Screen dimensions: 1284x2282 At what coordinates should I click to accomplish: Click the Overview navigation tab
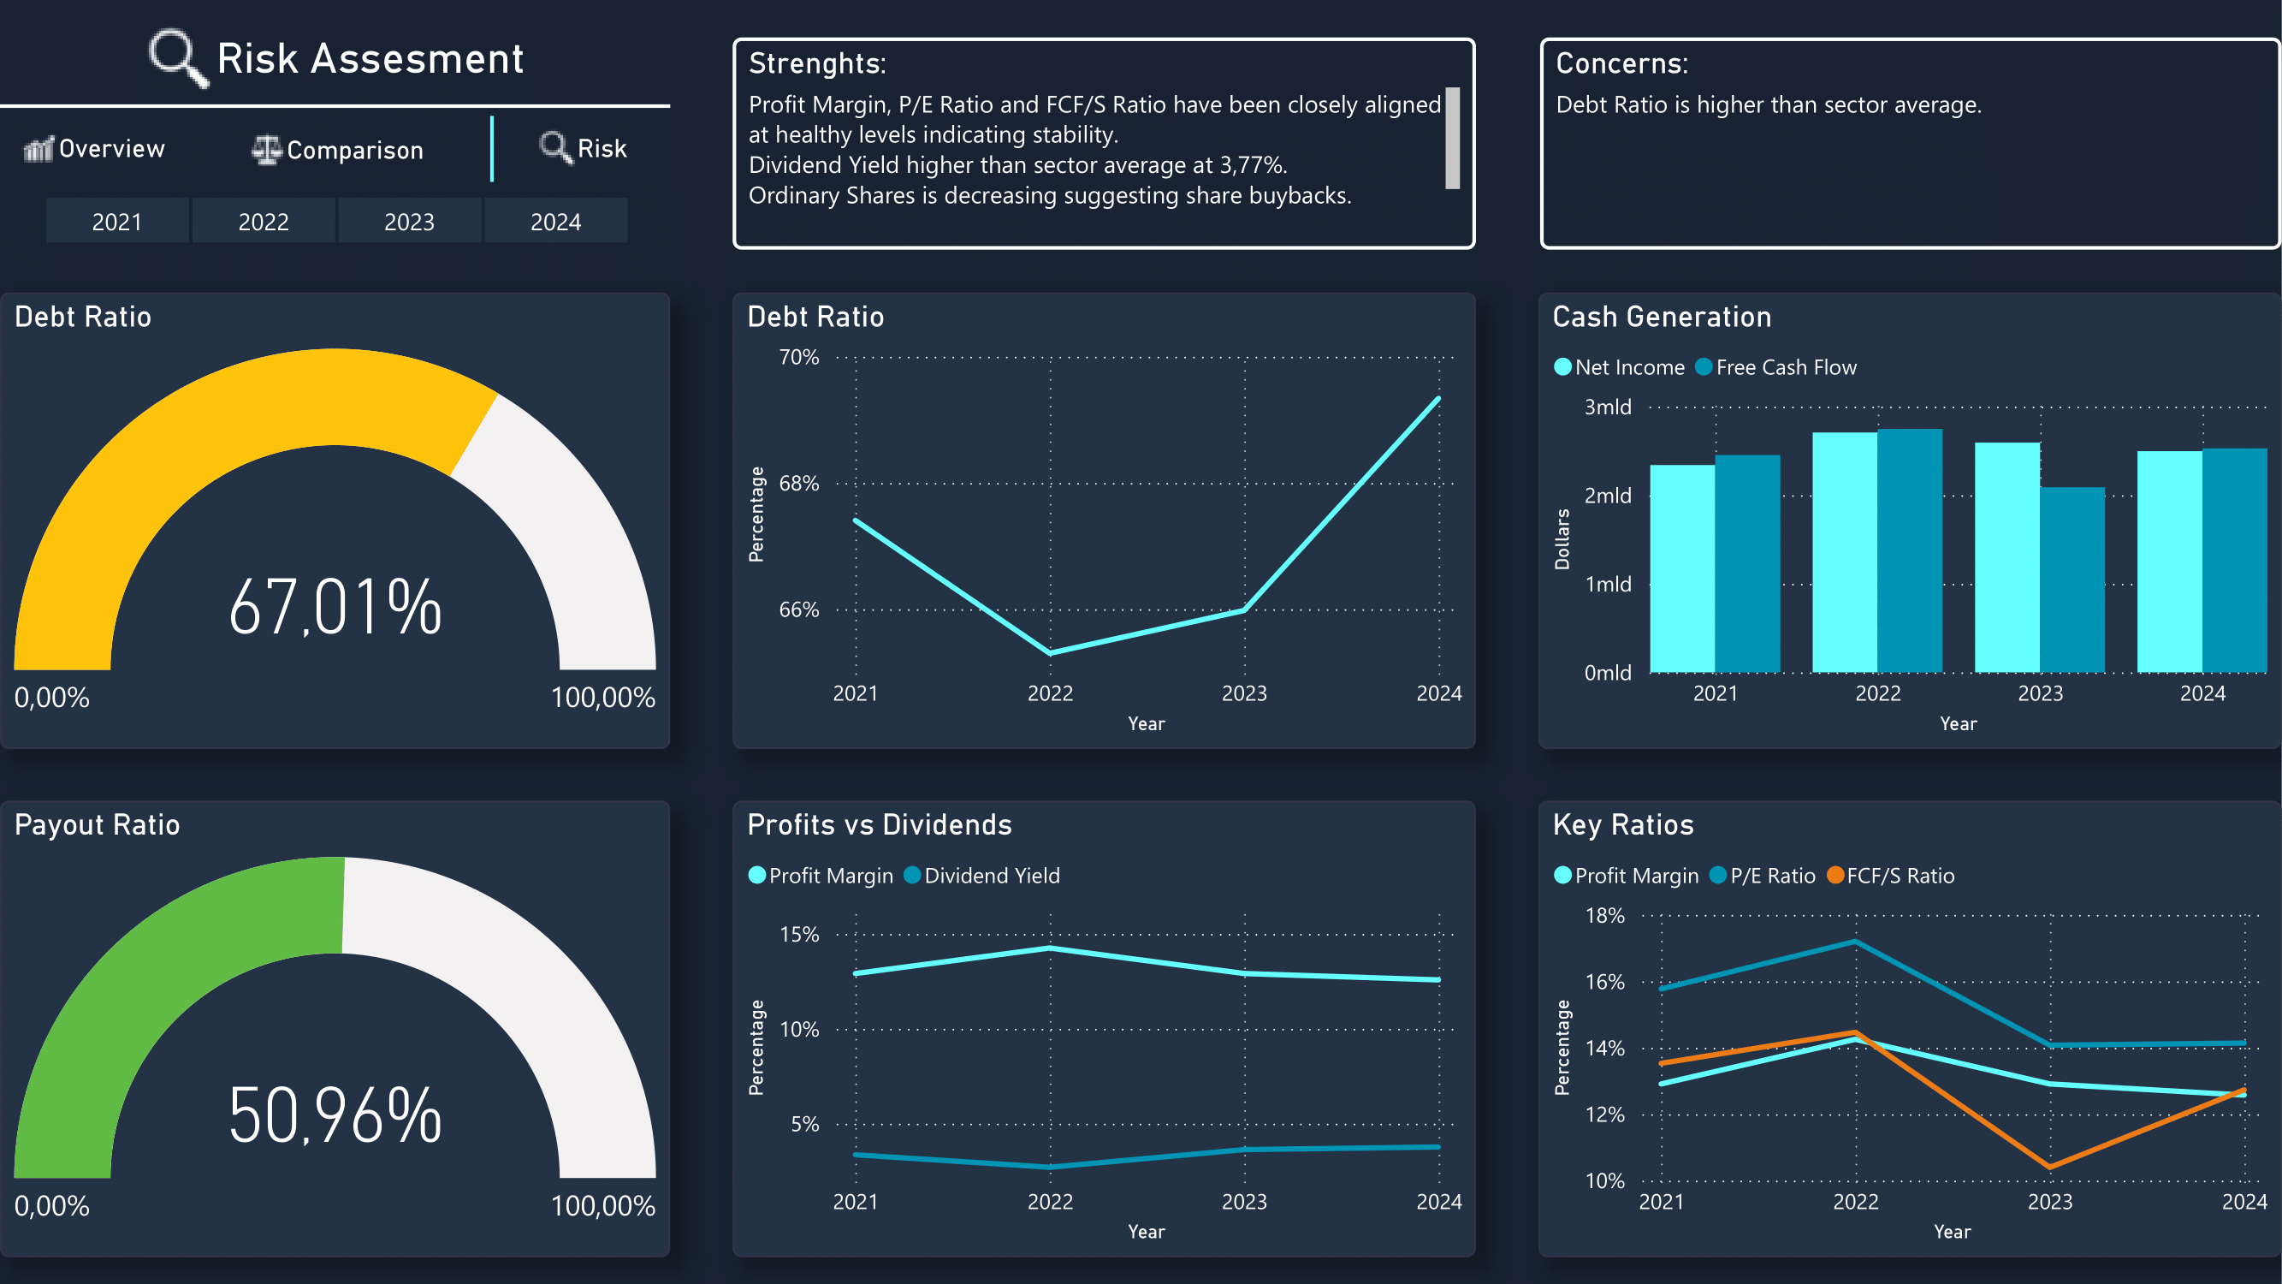click(x=95, y=149)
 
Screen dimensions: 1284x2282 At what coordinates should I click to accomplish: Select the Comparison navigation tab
click(x=337, y=151)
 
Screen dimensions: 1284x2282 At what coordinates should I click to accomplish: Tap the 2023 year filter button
click(x=409, y=222)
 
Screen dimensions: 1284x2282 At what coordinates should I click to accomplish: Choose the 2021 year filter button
click(x=117, y=222)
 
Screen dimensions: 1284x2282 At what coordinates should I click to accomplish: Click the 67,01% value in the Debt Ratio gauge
click(x=335, y=608)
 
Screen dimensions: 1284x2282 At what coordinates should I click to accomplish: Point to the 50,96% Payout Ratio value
click(x=335, y=1115)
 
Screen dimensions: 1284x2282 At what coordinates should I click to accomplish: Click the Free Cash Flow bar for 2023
click(x=2072, y=580)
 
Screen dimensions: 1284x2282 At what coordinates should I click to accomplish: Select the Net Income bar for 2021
click(x=1681, y=569)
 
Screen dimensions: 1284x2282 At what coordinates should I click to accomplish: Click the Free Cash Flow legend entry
click(x=1776, y=368)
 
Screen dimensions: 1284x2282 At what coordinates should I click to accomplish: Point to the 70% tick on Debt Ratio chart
click(x=798, y=357)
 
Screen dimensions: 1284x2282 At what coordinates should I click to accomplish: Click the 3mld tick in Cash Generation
click(x=1607, y=407)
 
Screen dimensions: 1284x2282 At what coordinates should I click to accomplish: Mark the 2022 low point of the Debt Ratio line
click(x=1051, y=653)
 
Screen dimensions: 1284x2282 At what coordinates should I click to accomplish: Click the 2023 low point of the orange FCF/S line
click(x=2050, y=1166)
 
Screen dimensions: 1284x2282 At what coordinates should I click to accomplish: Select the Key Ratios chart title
click(x=1623, y=825)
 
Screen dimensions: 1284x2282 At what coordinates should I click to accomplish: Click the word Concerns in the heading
click(x=1621, y=64)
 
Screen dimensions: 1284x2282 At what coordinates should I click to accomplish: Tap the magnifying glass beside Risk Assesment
click(x=178, y=57)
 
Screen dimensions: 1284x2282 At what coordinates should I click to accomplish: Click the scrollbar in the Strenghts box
click(x=1453, y=137)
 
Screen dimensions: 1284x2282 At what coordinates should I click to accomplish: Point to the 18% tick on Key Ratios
click(x=1604, y=915)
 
